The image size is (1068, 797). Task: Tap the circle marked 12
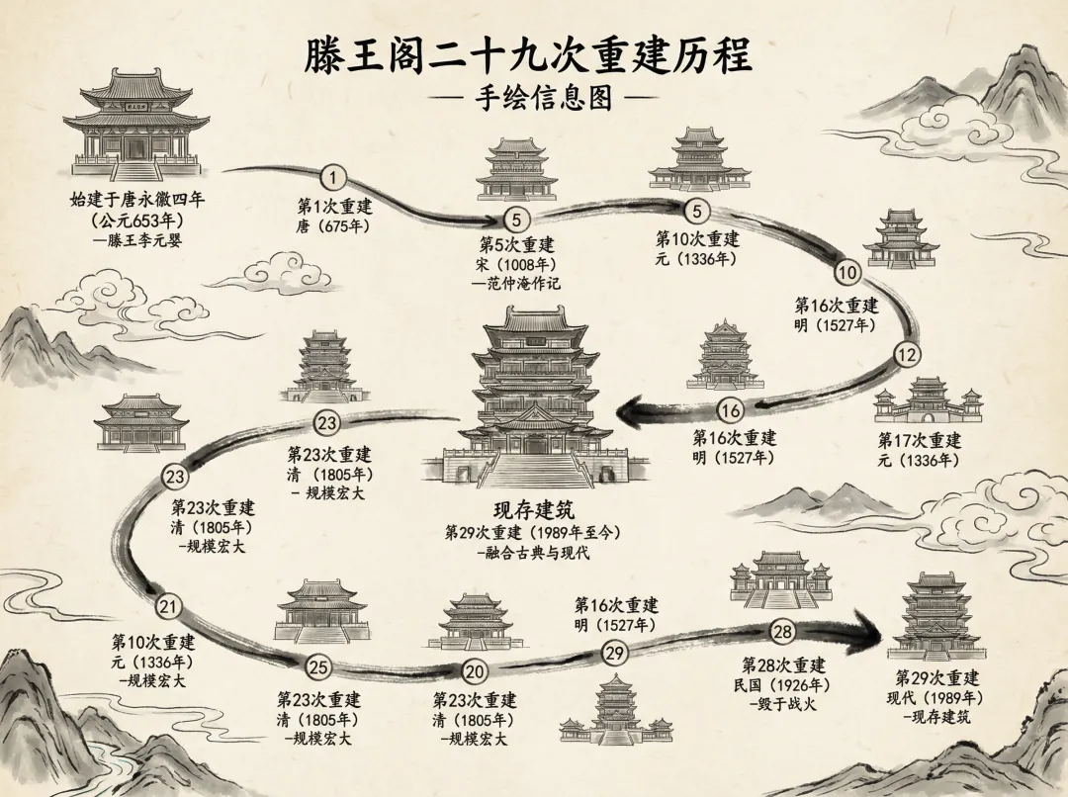[907, 353]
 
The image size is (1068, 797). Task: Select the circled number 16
[730, 410]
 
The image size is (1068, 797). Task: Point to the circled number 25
[318, 667]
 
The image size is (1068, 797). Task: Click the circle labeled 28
[782, 632]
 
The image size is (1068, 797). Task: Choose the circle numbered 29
[614, 652]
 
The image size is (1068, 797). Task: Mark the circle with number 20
[476, 671]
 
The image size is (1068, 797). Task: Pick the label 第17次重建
[920, 440]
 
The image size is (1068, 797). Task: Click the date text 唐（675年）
[333, 225]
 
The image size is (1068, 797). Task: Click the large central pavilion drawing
[535, 396]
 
